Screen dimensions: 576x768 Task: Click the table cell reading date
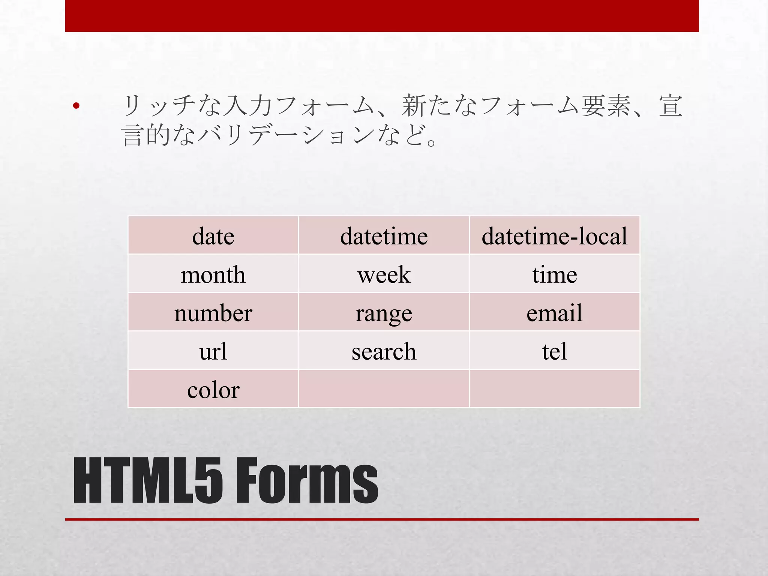point(213,236)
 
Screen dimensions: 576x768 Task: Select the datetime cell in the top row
point(384,236)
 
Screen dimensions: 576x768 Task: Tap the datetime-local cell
point(554,236)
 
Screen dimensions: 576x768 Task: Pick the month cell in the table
point(213,274)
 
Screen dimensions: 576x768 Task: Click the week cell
point(384,274)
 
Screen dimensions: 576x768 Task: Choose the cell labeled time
point(554,274)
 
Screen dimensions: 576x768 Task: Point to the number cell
point(213,313)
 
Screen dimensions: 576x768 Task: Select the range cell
point(384,313)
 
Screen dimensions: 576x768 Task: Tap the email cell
point(554,313)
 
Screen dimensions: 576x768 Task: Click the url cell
point(213,351)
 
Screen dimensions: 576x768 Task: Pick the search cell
point(384,351)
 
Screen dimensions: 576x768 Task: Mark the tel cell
point(554,351)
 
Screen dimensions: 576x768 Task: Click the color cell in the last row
point(213,390)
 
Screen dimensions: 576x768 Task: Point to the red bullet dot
point(76,106)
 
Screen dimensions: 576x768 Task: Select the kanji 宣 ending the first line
point(670,106)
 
